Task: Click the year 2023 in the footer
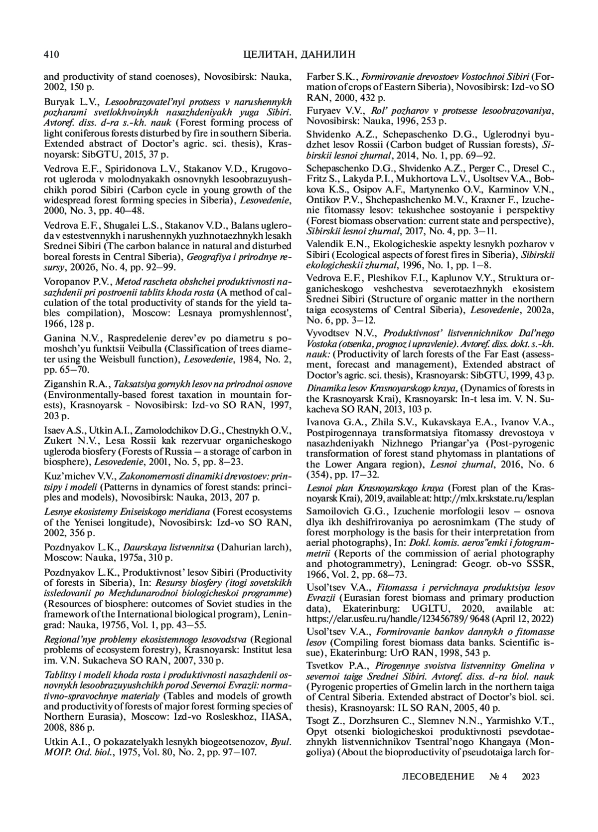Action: tap(531, 777)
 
